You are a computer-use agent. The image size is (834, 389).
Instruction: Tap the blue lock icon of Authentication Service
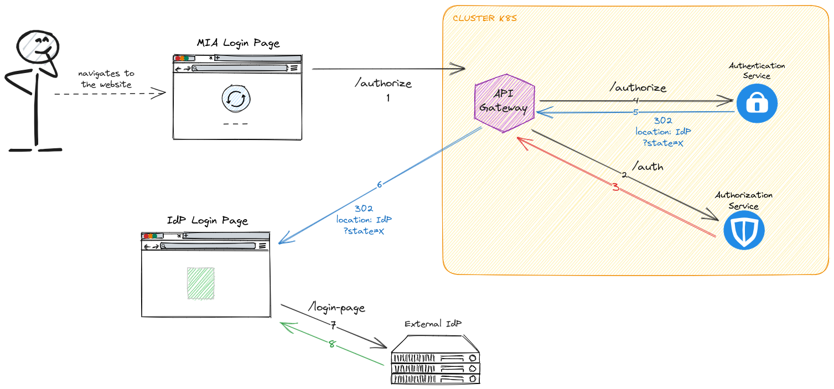(757, 103)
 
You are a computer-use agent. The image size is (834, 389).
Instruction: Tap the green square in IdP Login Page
(200, 283)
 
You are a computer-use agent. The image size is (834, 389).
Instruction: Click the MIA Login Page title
(238, 43)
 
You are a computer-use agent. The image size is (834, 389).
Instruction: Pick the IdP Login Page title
(208, 221)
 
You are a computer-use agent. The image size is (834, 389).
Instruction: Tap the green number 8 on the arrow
(332, 344)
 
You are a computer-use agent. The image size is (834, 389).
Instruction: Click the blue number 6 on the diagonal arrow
(380, 185)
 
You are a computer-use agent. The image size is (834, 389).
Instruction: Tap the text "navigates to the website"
(106, 79)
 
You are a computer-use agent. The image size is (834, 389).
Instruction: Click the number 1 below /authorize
(388, 98)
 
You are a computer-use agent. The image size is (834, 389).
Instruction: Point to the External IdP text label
(433, 324)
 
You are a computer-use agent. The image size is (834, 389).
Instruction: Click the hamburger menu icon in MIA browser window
(294, 68)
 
